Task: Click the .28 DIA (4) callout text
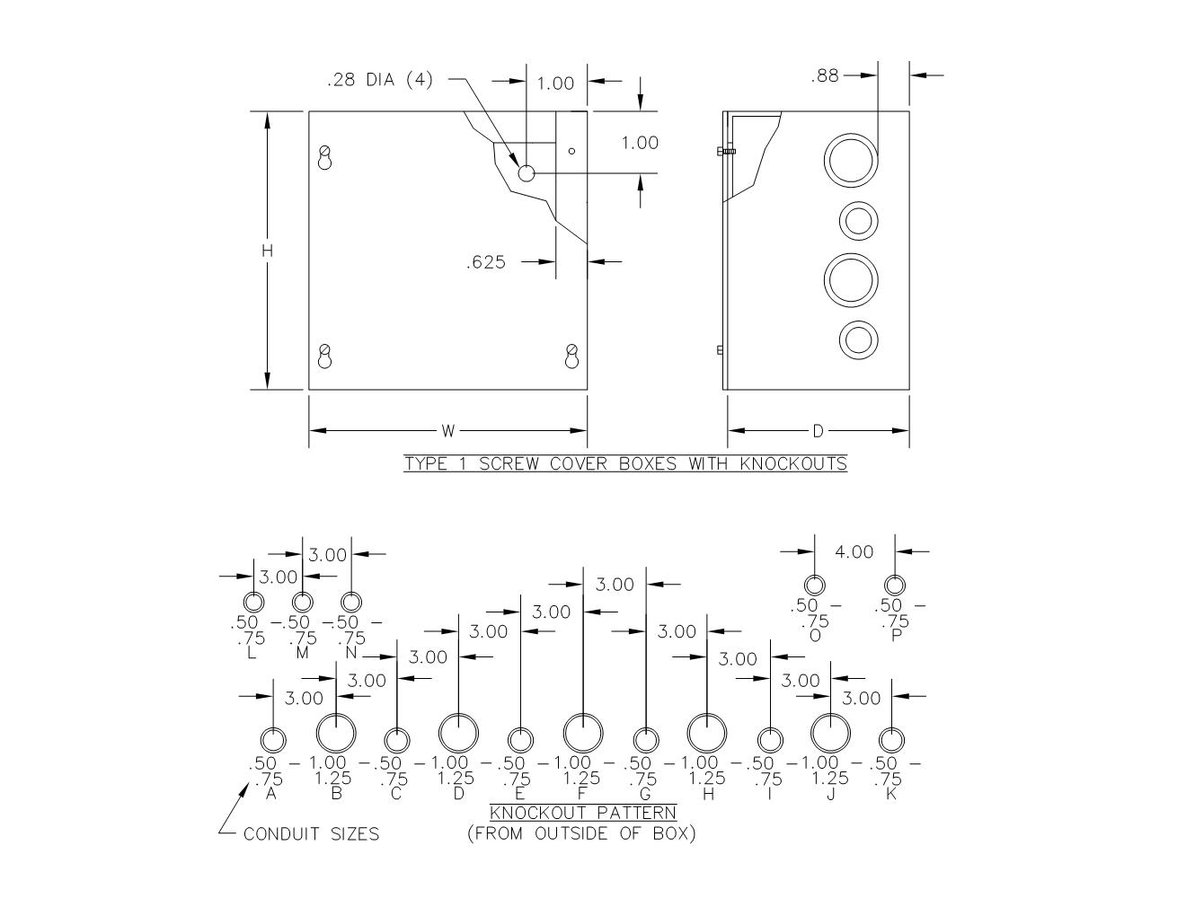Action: pyautogui.click(x=379, y=80)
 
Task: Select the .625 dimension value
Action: pyautogui.click(x=486, y=263)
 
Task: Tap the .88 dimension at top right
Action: pyautogui.click(x=825, y=76)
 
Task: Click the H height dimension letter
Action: pyautogui.click(x=267, y=251)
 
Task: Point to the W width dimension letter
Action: pyautogui.click(x=448, y=431)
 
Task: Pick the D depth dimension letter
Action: pyautogui.click(x=818, y=431)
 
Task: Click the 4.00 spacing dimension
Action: pyautogui.click(x=854, y=551)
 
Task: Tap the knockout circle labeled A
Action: pyautogui.click(x=273, y=741)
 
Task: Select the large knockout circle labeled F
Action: pyautogui.click(x=583, y=733)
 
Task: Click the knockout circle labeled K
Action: pyautogui.click(x=890, y=741)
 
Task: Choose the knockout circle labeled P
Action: pyautogui.click(x=895, y=586)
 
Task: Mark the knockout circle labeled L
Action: pyautogui.click(x=254, y=601)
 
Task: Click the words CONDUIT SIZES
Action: pyautogui.click(x=311, y=834)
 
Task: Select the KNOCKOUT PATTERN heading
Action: pyautogui.click(x=583, y=813)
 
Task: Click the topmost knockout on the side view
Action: pyautogui.click(x=850, y=161)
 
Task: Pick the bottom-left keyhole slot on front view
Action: pyautogui.click(x=325, y=357)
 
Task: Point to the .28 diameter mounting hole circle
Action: pyautogui.click(x=527, y=172)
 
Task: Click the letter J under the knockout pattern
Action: pyautogui.click(x=831, y=794)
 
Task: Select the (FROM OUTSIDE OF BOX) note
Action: pyautogui.click(x=581, y=833)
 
